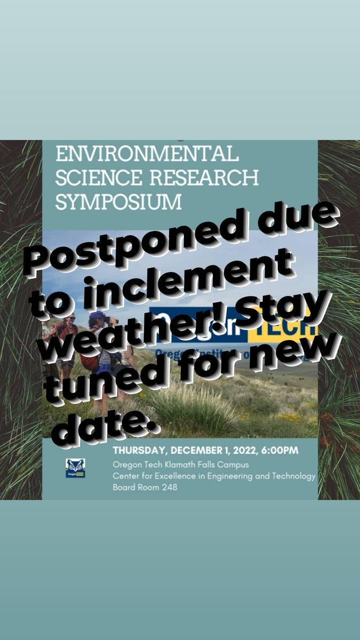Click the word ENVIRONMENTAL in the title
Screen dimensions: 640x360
[147, 155]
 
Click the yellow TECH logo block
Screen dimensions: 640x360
[288, 324]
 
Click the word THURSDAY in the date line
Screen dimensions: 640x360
[137, 451]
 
